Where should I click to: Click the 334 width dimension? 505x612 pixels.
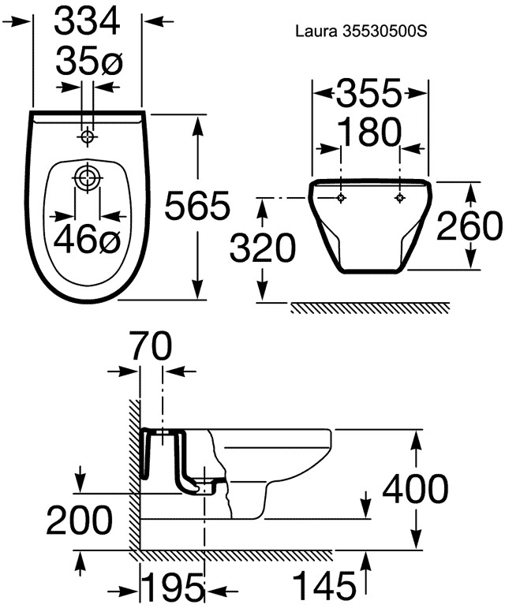tap(87, 22)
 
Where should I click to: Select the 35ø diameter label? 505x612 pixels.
tap(89, 61)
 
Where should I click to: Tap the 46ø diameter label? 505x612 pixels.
tap(87, 240)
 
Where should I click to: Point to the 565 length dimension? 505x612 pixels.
tap(196, 206)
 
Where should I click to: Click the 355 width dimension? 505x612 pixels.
tap(369, 93)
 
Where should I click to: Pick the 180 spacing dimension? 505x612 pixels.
tap(369, 132)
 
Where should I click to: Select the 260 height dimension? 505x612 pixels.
tap(469, 226)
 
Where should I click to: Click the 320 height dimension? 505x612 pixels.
tap(263, 248)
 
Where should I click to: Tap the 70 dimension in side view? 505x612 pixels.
tap(151, 345)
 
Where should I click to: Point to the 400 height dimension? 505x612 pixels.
tap(415, 489)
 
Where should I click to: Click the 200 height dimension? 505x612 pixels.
tap(79, 520)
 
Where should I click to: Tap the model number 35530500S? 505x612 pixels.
tap(384, 32)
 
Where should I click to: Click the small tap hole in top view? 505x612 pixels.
tap(88, 136)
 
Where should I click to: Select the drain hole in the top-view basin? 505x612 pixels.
tap(87, 177)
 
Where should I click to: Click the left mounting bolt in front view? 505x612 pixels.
tap(342, 198)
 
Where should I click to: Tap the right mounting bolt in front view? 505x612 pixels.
tap(399, 198)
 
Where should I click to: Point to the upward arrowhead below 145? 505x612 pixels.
tap(365, 562)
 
